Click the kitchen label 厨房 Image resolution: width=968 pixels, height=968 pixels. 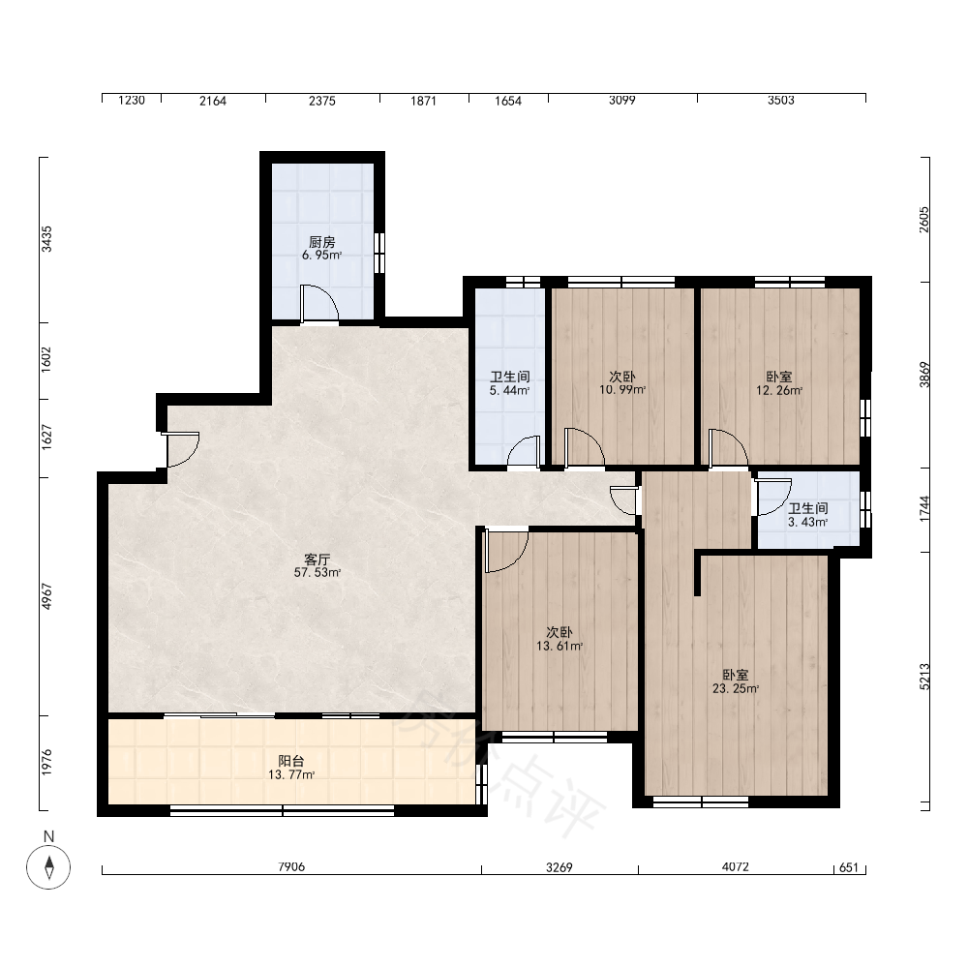[x=321, y=242]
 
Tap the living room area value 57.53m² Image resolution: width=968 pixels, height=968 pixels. [x=318, y=573]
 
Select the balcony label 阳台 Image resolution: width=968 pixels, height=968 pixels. [x=290, y=761]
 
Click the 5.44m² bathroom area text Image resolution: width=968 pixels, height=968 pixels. [x=509, y=390]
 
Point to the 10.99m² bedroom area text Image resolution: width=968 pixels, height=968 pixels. [x=622, y=390]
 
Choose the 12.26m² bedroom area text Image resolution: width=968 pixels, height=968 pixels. [x=779, y=390]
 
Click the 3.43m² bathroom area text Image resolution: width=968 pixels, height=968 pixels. [x=808, y=523]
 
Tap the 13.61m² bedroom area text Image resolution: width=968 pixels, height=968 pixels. [x=560, y=647]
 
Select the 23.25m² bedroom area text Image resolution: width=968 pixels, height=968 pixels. [x=736, y=689]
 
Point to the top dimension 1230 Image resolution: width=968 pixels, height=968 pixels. [x=132, y=100]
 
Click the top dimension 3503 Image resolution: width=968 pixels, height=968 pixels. [x=781, y=100]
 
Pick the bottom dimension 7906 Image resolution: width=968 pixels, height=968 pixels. [x=291, y=866]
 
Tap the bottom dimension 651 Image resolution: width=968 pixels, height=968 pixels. [x=849, y=867]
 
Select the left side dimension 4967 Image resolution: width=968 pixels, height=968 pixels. [x=46, y=597]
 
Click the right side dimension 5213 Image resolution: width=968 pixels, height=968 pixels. [x=924, y=677]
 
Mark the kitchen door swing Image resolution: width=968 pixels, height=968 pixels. [x=319, y=303]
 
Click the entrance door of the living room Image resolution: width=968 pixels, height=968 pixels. [x=182, y=449]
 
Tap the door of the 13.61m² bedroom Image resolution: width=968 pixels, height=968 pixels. [x=506, y=550]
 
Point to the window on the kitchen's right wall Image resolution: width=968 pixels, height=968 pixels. [x=379, y=252]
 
